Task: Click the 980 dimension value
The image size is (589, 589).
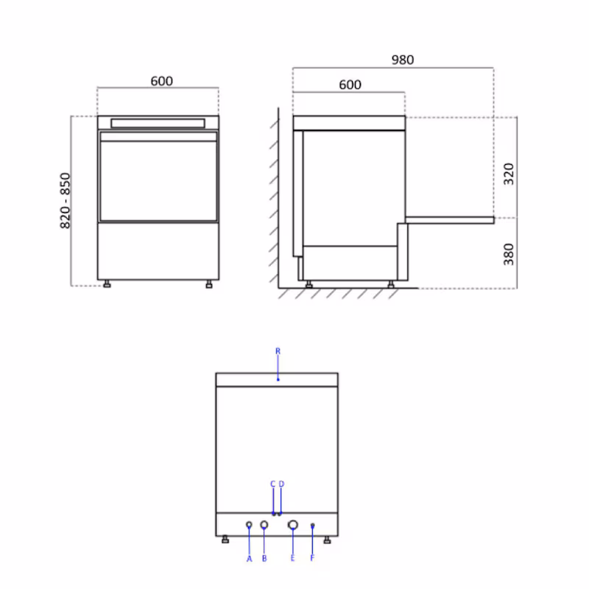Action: [x=403, y=60]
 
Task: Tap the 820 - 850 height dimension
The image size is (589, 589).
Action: [x=65, y=200]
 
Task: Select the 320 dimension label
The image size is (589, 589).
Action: [x=509, y=174]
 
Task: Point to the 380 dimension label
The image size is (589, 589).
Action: [x=509, y=254]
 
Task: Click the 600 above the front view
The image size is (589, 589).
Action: [x=161, y=81]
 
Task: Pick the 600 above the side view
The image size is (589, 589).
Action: [x=350, y=85]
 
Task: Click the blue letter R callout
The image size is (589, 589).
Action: [x=278, y=351]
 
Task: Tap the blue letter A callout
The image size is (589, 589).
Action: [x=250, y=560]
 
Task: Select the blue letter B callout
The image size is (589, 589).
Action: [x=264, y=559]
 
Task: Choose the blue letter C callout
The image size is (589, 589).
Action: [x=273, y=484]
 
